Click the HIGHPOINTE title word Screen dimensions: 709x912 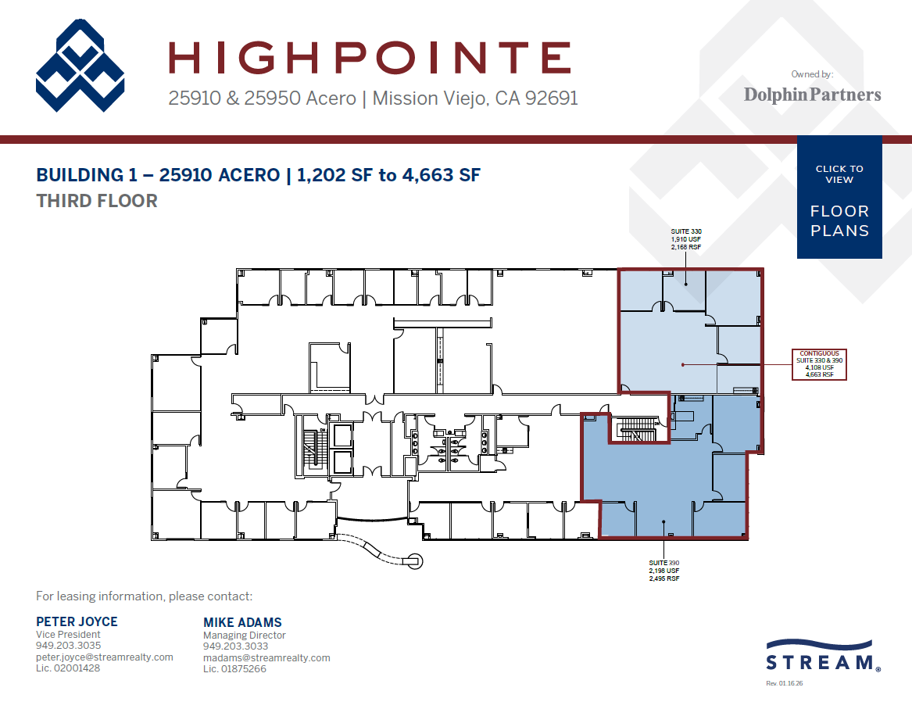pos(370,59)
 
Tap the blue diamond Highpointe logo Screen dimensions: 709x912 pos(80,66)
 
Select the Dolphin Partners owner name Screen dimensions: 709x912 pos(812,95)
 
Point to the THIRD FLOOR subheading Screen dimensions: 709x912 pos(97,201)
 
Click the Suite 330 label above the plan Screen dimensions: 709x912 pos(686,238)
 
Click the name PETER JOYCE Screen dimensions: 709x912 pos(77,622)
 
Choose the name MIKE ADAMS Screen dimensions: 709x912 pos(242,623)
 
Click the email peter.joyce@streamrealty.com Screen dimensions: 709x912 pos(104,657)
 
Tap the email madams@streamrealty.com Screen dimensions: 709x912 pos(266,658)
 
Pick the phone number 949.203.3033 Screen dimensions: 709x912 pos(235,646)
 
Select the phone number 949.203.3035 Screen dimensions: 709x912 pos(68,646)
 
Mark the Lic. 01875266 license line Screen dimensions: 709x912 pos(234,669)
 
